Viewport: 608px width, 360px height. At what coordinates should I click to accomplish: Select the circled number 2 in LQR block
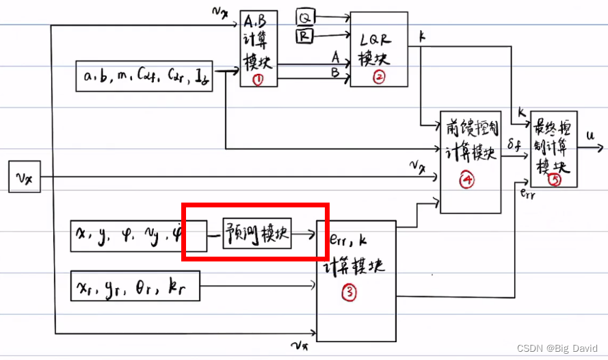(x=378, y=77)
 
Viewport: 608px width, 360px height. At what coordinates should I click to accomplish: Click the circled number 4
(x=468, y=181)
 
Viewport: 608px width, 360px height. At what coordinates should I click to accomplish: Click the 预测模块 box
(x=257, y=235)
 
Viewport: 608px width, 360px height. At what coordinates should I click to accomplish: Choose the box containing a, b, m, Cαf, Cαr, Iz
(x=144, y=77)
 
